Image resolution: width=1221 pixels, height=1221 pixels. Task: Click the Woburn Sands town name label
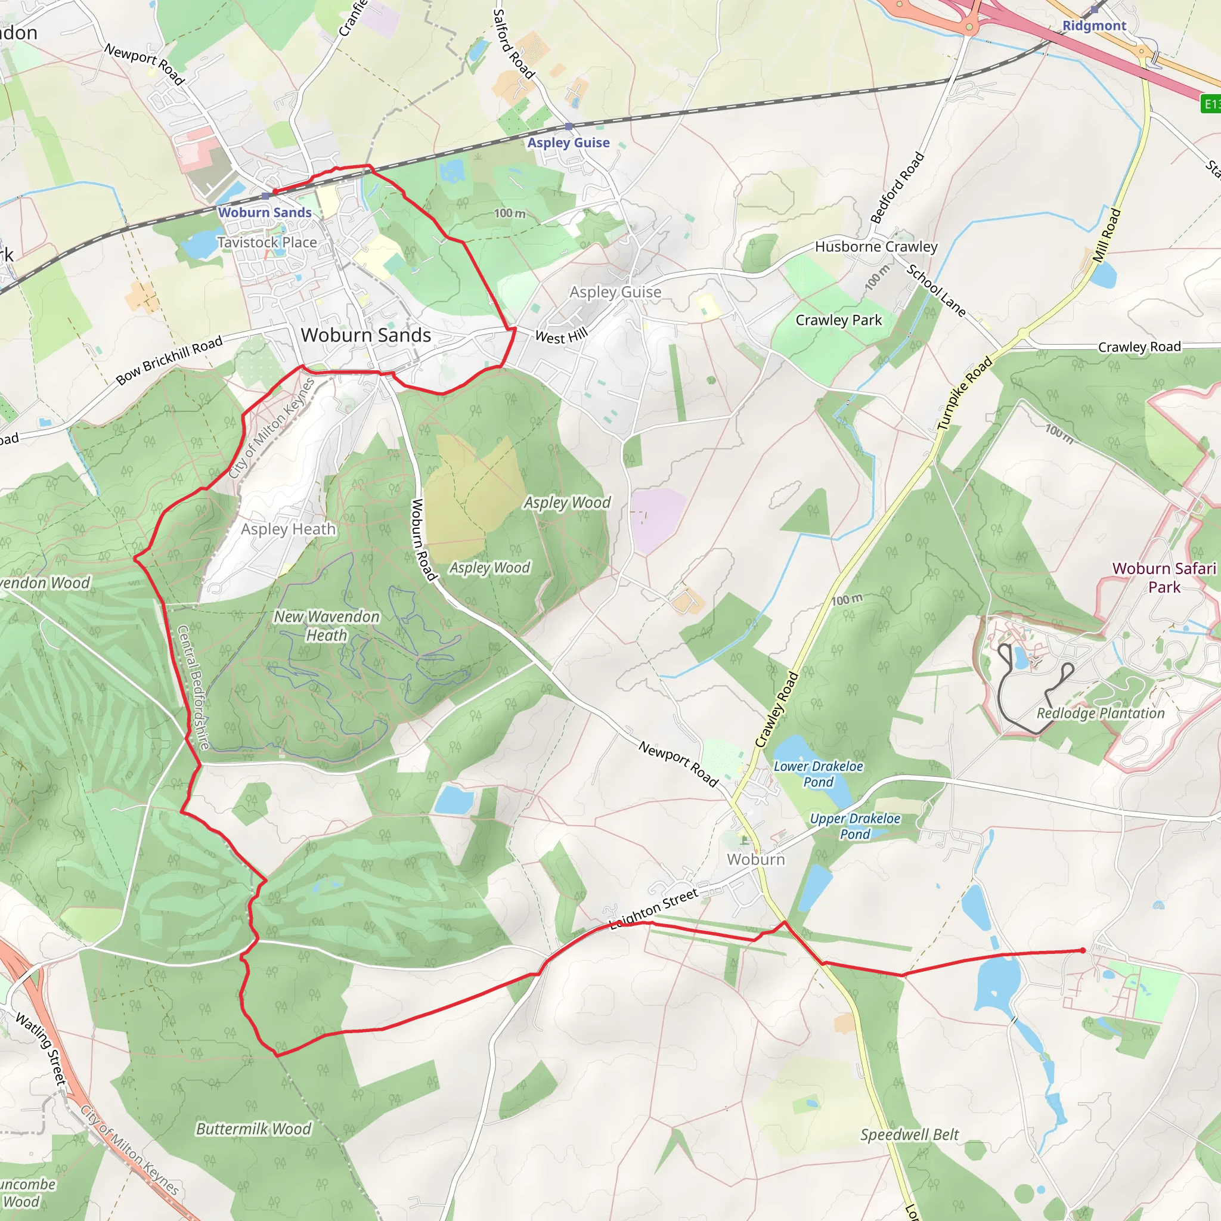click(x=365, y=335)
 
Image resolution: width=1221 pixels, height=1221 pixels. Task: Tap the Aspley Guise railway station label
click(x=568, y=143)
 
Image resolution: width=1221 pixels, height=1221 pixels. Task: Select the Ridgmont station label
click(x=1094, y=26)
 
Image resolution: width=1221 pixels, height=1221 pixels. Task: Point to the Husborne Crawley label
click(x=876, y=246)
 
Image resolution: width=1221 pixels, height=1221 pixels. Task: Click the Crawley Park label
click(x=838, y=320)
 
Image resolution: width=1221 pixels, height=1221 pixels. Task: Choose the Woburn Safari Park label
click(x=1164, y=577)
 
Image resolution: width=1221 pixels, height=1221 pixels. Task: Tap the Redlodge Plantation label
click(x=1101, y=713)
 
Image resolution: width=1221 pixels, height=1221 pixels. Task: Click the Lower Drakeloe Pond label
click(x=818, y=773)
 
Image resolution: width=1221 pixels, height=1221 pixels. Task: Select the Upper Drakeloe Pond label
click(x=854, y=826)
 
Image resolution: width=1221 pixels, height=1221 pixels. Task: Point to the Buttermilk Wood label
click(x=253, y=1129)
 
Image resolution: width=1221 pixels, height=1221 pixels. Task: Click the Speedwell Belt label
click(x=909, y=1135)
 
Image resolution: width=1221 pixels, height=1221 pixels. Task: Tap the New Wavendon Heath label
click(x=327, y=625)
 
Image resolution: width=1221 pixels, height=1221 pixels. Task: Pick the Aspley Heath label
click(x=288, y=529)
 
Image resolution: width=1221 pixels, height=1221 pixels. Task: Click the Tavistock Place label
click(x=266, y=242)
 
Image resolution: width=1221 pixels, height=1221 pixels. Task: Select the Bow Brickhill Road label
click(x=169, y=360)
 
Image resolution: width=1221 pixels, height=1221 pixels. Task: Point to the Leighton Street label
click(x=653, y=909)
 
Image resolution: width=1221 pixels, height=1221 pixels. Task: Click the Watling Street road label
click(x=41, y=1049)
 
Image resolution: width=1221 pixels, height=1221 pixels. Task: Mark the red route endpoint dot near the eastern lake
click(x=1083, y=950)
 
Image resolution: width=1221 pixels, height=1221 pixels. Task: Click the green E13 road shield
click(x=1211, y=104)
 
